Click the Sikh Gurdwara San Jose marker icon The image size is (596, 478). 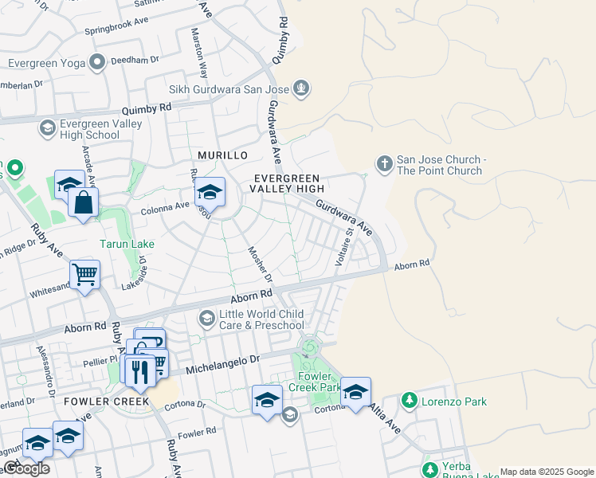pyautogui.click(x=301, y=88)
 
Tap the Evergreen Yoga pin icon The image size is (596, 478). pyautogui.click(x=98, y=62)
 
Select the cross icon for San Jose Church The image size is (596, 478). pyautogui.click(x=384, y=164)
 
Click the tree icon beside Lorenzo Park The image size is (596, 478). pyautogui.click(x=409, y=400)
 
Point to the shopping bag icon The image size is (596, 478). pyautogui.click(x=83, y=204)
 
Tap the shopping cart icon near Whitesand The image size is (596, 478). pyautogui.click(x=84, y=275)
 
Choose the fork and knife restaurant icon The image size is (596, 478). pyautogui.click(x=139, y=372)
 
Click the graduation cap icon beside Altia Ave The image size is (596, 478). pyautogui.click(x=355, y=392)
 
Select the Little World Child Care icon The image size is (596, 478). pyautogui.click(x=207, y=319)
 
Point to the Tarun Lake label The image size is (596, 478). pyautogui.click(x=127, y=244)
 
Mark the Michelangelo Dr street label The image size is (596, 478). pyautogui.click(x=223, y=365)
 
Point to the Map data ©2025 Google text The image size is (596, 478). pyautogui.click(x=547, y=472)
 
